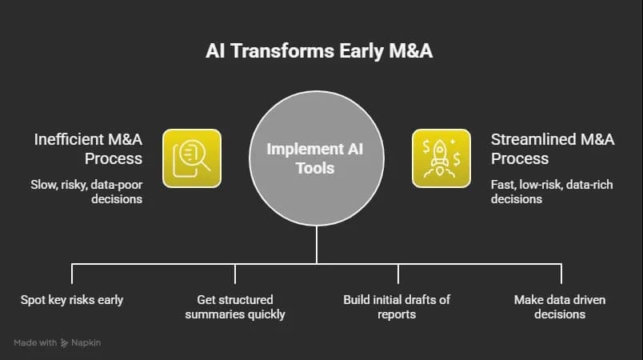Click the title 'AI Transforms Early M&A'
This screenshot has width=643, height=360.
pos(319,51)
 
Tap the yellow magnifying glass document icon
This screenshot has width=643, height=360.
pos(192,158)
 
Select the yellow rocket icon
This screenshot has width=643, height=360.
pos(441,158)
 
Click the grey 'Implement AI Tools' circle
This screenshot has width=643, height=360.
pos(317,158)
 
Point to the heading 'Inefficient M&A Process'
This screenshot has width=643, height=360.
pos(88,149)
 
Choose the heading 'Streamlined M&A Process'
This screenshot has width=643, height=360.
pos(553,149)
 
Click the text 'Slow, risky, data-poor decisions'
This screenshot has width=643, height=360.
pos(86,191)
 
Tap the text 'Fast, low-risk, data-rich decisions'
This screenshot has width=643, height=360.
pos(552,191)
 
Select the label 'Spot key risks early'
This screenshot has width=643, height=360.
pos(72,300)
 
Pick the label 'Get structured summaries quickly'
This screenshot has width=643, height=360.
pos(235,306)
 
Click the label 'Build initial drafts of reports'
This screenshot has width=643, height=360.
pos(397,306)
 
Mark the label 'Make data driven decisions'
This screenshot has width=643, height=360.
pos(560,306)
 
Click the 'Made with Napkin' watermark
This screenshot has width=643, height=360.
pos(57,342)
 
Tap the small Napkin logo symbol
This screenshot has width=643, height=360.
pos(64,342)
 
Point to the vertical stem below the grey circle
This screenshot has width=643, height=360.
pos(317,245)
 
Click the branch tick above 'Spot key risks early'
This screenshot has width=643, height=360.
pos(72,274)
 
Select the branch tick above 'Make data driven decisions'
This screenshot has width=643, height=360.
pos(561,274)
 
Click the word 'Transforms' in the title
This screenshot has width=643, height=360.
pos(282,51)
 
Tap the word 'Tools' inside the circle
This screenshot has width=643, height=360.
pos(315,168)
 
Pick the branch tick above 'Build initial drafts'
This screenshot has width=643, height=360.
pos(397,274)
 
